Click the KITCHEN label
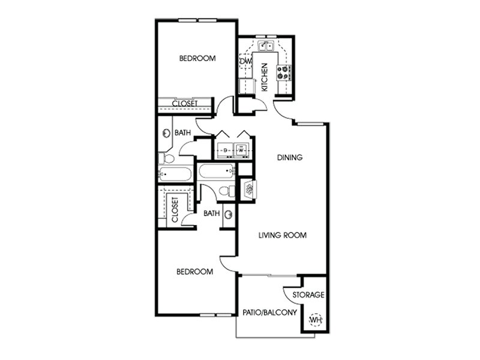(265, 77)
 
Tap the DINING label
(290, 157)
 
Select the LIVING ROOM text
(282, 235)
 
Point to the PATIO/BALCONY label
(269, 313)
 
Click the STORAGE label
(308, 295)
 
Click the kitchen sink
(266, 46)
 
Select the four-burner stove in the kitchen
(283, 73)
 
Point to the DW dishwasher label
(245, 61)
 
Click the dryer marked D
(224, 150)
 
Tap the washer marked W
(242, 150)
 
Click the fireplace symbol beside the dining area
(250, 189)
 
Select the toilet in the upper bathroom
(166, 158)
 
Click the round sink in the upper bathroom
(166, 133)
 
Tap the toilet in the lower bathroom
(227, 191)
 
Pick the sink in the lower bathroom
(229, 215)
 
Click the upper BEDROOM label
(197, 58)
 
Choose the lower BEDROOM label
(194, 272)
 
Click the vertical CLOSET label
(175, 210)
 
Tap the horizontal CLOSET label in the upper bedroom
(185, 103)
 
